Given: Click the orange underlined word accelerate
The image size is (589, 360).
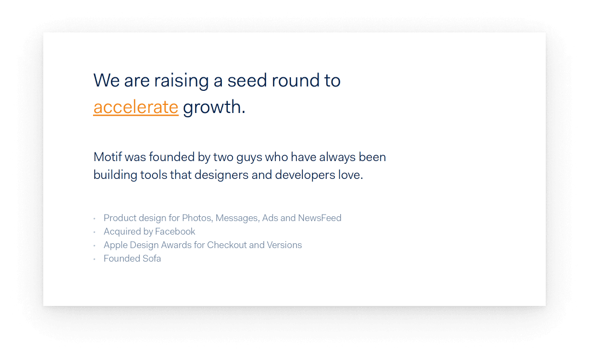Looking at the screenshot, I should (136, 107).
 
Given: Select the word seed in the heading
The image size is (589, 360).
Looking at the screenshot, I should (247, 81).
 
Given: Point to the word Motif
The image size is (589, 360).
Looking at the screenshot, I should (108, 157).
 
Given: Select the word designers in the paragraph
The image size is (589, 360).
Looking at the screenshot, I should (222, 175).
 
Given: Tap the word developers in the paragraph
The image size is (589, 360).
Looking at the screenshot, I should (305, 175).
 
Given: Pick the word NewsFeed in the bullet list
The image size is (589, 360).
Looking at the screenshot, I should (320, 218).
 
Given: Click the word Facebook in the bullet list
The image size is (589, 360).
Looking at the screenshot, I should (175, 231).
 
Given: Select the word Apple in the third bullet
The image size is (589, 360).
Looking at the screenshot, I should (116, 245).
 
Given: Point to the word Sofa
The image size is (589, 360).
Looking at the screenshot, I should (151, 258).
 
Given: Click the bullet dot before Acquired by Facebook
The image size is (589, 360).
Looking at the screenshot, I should (95, 232).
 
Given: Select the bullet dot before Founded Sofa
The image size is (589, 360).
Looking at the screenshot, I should (95, 259).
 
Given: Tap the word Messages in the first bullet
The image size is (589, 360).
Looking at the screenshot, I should (237, 218).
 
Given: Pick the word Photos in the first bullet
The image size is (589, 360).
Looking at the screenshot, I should (197, 218).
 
